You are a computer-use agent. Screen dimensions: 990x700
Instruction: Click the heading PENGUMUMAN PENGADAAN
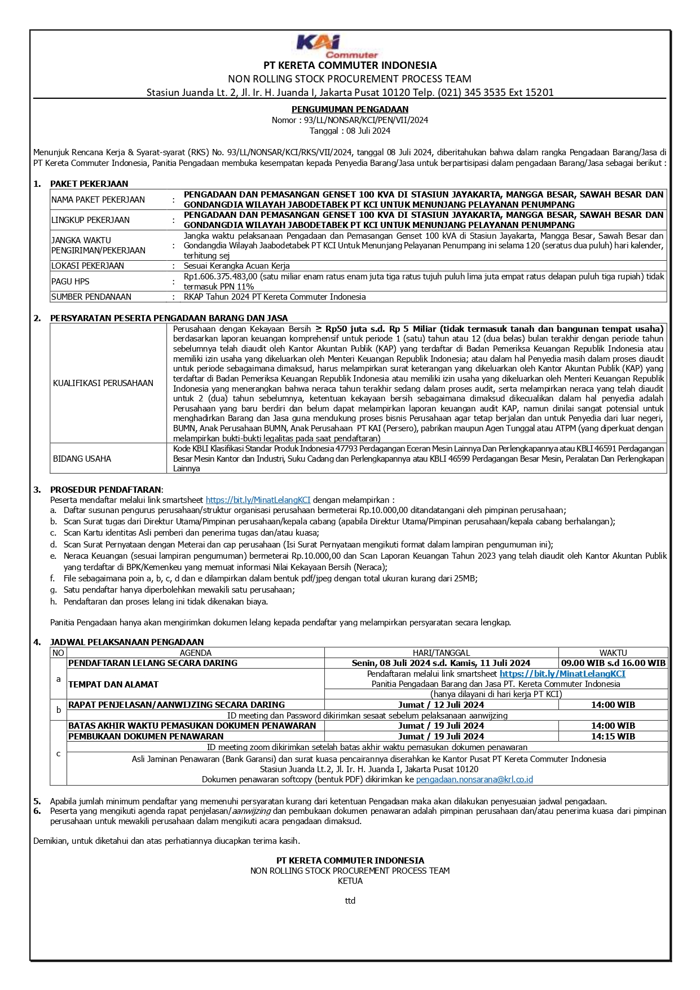(350, 109)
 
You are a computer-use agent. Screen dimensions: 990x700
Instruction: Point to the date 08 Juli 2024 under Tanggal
(368, 131)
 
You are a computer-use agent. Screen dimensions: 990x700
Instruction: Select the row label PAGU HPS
(71, 282)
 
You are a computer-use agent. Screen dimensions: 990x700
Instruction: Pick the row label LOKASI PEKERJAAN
(87, 266)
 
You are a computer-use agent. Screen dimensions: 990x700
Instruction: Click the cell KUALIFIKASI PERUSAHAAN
(103, 383)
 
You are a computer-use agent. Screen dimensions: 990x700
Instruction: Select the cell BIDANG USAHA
(82, 459)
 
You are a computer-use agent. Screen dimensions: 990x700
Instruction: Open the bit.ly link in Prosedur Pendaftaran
(258, 500)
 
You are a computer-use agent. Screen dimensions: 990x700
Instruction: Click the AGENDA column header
(196, 652)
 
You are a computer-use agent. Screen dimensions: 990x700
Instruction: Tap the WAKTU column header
(613, 652)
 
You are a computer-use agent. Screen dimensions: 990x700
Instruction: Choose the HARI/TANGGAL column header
(441, 652)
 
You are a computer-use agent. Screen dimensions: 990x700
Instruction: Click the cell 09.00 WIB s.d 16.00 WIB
(613, 663)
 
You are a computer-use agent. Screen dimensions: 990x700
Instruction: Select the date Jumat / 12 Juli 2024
(441, 705)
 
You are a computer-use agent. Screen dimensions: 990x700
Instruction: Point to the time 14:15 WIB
(613, 737)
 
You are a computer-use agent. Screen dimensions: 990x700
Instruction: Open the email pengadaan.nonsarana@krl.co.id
(474, 779)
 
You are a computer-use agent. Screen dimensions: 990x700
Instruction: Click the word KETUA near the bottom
(350, 881)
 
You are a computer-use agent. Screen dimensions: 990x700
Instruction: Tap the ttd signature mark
(350, 901)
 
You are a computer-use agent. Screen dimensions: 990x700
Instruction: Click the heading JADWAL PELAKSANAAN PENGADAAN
(127, 642)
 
